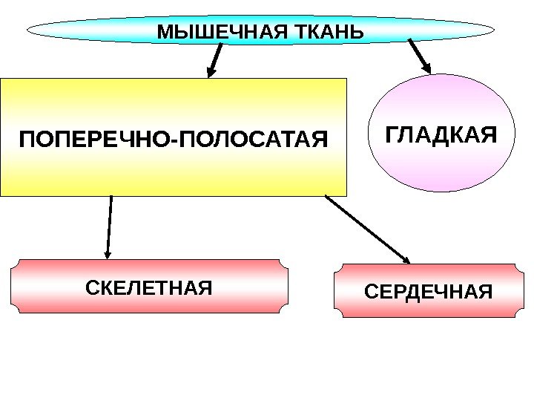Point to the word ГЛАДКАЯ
(x=441, y=136)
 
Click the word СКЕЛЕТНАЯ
(x=149, y=286)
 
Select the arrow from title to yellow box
(x=216, y=59)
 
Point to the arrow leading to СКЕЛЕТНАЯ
(x=110, y=226)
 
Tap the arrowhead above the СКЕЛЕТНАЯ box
(x=108, y=252)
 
